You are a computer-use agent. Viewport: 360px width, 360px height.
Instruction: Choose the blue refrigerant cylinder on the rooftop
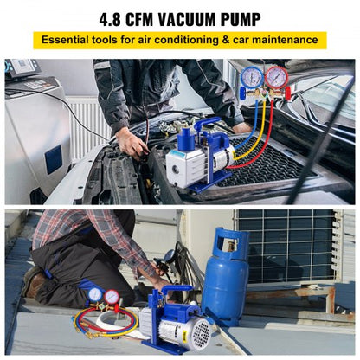tap(225, 277)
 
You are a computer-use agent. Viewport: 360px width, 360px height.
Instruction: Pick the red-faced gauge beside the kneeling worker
tap(112, 298)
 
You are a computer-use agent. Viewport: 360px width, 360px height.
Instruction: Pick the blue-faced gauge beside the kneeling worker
tap(94, 295)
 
